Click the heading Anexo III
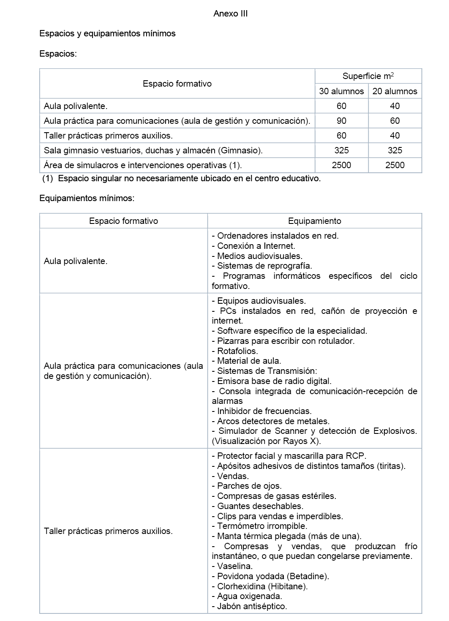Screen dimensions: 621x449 230,14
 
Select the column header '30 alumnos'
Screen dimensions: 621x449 341,91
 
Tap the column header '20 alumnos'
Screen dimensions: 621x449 395,91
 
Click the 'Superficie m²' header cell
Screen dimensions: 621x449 368,76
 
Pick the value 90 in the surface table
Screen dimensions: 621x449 341,121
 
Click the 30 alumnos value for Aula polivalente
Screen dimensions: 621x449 341,106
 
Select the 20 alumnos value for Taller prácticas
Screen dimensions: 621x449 395,136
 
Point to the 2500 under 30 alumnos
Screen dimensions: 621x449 341,165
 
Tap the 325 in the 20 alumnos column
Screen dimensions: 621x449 395,150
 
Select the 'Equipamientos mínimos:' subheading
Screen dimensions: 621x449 87,198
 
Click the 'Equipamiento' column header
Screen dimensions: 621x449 314,221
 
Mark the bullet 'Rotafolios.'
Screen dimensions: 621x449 237,351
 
